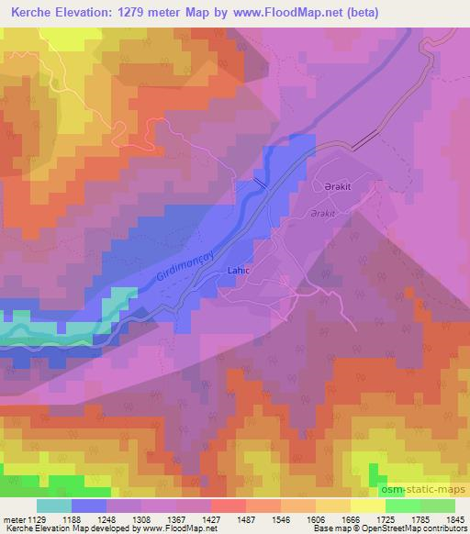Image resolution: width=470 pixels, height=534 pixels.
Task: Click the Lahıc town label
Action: [x=234, y=271]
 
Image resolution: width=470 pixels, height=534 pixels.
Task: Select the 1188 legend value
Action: [x=90, y=517]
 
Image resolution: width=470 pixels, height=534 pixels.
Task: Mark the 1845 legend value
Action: [x=453, y=517]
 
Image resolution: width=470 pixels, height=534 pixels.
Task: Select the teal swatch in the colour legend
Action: [x=54, y=506]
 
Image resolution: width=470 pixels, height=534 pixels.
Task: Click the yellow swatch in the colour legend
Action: [x=367, y=506]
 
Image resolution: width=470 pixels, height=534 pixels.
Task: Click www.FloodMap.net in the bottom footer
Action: [x=178, y=528]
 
